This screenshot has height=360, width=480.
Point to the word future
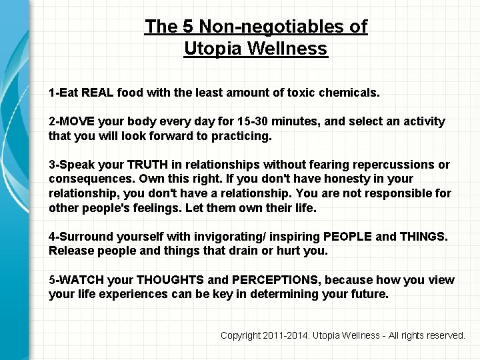(368, 294)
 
